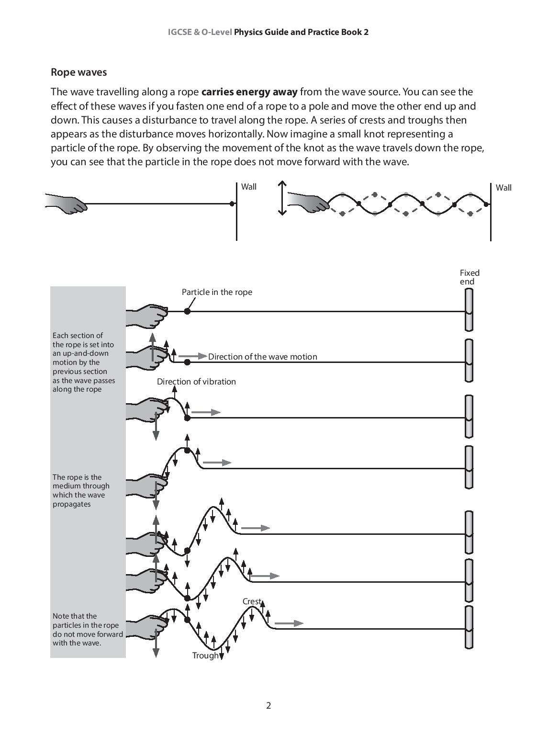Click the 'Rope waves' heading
coord(78,72)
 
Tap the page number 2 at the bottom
coord(268,705)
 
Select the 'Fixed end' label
coord(469,277)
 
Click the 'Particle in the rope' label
coord(217,292)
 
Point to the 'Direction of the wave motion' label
coord(262,357)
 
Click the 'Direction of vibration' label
coord(196,382)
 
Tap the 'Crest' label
coord(252,601)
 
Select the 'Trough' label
coord(205,656)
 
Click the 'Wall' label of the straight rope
coord(248,187)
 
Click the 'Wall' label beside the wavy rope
coord(503,188)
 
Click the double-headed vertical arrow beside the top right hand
coord(282,198)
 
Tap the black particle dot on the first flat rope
coord(187,311)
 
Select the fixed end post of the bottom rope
coord(469,627)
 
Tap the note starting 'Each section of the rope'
coord(84,362)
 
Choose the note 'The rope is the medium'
coord(81,490)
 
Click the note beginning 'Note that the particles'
coord(88,629)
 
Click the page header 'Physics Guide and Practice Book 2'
coord(301,32)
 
